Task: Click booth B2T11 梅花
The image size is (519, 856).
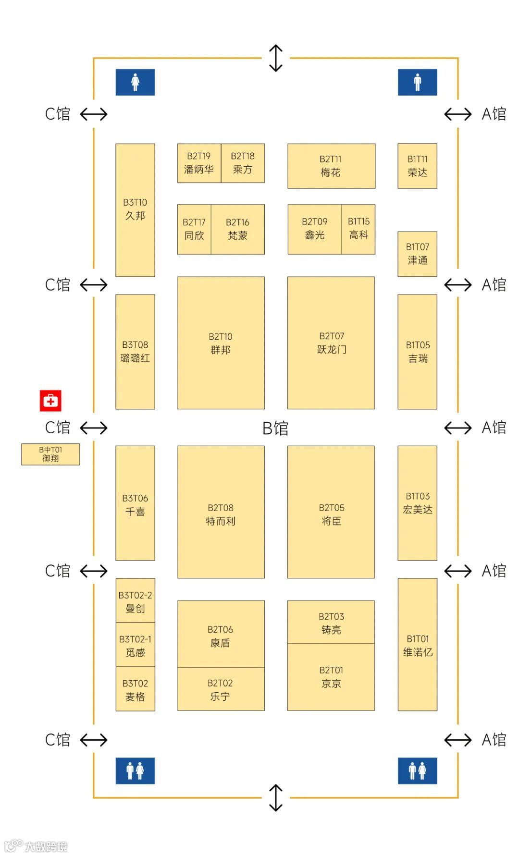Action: point(331,166)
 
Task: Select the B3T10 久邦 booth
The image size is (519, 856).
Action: point(135,209)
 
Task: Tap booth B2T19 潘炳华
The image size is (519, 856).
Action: point(199,163)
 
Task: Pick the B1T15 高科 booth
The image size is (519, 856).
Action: point(358,229)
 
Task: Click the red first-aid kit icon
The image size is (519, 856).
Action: point(50,400)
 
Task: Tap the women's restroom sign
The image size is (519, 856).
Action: point(135,82)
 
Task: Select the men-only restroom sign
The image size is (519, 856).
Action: point(417,82)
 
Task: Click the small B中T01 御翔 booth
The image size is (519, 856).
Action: point(50,454)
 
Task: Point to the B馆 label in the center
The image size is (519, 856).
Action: point(275,428)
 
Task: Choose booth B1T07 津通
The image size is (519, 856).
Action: point(417,254)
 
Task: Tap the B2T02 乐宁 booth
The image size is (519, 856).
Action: point(221,689)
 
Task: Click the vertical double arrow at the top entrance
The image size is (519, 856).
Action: point(276,58)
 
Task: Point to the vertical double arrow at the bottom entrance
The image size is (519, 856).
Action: point(276,797)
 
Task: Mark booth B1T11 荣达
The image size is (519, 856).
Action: point(417,166)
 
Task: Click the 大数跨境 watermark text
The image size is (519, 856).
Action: point(46,846)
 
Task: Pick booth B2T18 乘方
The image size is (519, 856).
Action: point(243,163)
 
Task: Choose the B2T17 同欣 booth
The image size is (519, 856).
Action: point(194,229)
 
